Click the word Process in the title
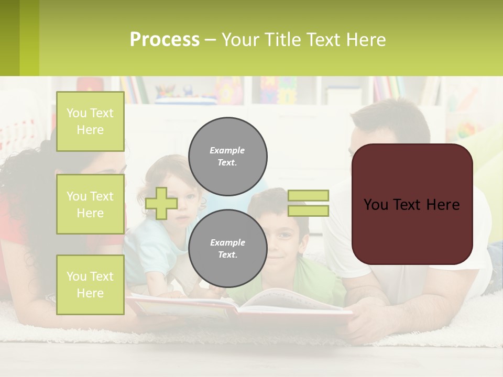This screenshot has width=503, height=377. pyautogui.click(x=165, y=40)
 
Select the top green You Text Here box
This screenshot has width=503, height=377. pyautogui.click(x=90, y=121)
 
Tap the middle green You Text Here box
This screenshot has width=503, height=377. pyautogui.click(x=90, y=204)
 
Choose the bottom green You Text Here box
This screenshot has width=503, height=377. pyautogui.click(x=90, y=285)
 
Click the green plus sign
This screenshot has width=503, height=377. pyautogui.click(x=161, y=203)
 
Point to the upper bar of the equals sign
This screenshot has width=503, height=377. pyautogui.click(x=308, y=195)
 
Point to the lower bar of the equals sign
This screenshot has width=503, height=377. pyautogui.click(x=308, y=210)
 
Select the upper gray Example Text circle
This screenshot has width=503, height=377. pyautogui.click(x=227, y=156)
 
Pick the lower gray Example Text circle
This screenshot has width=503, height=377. pyautogui.click(x=227, y=248)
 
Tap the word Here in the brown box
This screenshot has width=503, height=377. pyautogui.click(x=443, y=205)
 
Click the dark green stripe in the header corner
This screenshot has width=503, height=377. pyautogui.click(x=9, y=38)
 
